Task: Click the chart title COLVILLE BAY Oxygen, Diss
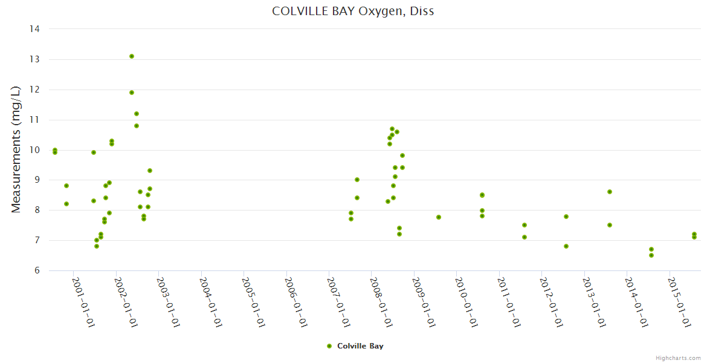(x=353, y=11)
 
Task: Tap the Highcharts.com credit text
(x=678, y=358)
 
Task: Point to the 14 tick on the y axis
(x=35, y=29)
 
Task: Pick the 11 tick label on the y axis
(x=35, y=120)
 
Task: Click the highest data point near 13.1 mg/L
(x=132, y=56)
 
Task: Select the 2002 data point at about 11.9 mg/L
(x=132, y=93)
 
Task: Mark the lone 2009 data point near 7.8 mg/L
(x=439, y=217)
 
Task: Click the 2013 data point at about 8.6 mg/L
(x=610, y=192)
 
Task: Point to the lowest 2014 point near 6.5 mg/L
(x=651, y=255)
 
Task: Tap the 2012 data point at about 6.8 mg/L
(x=566, y=246)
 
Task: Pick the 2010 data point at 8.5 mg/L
(x=482, y=195)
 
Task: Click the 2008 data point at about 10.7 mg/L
(x=392, y=129)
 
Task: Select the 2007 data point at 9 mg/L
(x=357, y=180)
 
